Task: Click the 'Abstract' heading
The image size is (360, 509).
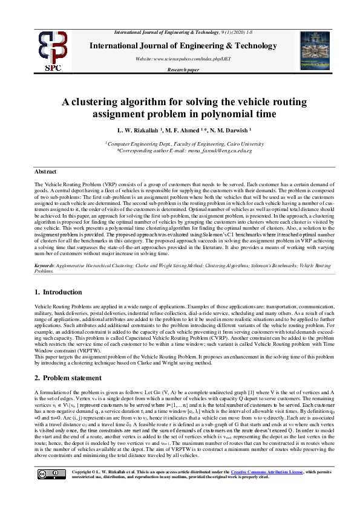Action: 45,172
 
